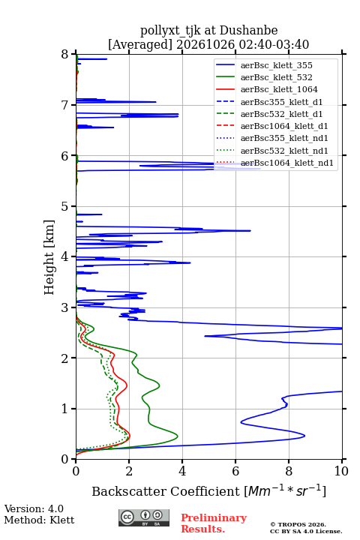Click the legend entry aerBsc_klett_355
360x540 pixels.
pos(276,65)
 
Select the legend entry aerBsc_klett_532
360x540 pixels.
pos(276,77)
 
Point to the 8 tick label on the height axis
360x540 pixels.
pos(65,54)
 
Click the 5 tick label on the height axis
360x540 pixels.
pos(65,206)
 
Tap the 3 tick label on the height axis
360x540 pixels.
pos(65,307)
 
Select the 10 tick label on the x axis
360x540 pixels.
pos(341,471)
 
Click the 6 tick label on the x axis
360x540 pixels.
pos(235,471)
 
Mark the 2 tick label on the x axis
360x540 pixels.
pos(129,471)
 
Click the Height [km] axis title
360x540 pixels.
pos(49,257)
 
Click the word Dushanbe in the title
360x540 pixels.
pos(248,30)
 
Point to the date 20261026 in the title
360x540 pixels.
pos(205,44)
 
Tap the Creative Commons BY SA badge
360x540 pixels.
pos(144,517)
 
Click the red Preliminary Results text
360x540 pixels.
pos(214,523)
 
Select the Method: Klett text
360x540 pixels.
pos(39,520)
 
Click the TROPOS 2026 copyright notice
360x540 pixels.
pos(298,524)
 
